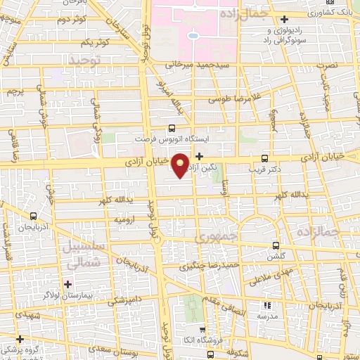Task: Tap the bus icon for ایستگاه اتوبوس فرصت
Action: click(172, 129)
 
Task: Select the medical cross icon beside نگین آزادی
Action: click(200, 156)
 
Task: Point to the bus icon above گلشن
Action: click(276, 245)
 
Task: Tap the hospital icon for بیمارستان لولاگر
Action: click(68, 284)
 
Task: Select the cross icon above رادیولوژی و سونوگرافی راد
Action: click(284, 19)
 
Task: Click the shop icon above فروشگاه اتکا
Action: click(202, 328)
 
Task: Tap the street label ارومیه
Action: click(124, 219)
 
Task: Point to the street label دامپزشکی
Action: click(123, 302)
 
